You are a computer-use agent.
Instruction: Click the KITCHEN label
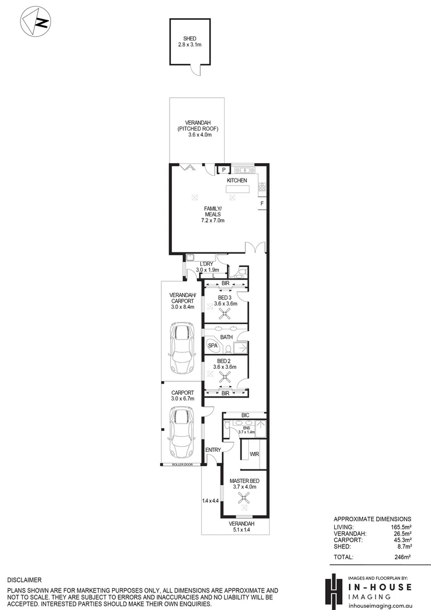(x=237, y=180)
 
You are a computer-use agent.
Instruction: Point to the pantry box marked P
(x=223, y=169)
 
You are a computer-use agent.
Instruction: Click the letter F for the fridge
(x=261, y=203)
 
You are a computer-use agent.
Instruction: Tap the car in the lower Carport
(x=181, y=434)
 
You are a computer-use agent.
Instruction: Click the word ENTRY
(x=213, y=450)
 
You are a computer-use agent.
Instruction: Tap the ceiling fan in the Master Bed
(x=244, y=496)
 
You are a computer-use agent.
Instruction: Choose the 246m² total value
(x=402, y=557)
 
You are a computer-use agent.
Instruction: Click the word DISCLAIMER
(x=24, y=580)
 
